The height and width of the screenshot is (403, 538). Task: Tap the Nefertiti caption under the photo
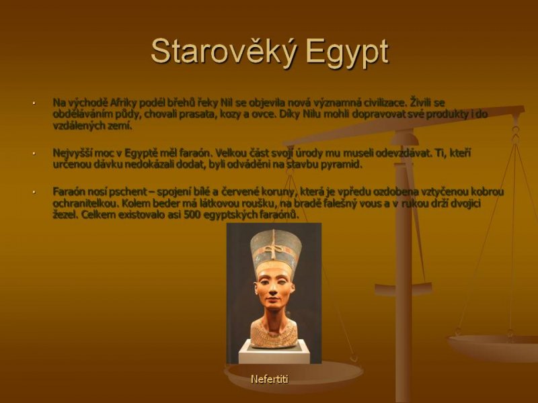270,379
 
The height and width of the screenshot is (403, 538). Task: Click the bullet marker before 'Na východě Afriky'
34,103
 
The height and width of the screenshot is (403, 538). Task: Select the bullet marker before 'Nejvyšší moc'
34,154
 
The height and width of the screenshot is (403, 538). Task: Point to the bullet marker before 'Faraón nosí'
34,192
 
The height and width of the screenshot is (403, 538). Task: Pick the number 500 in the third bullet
192,215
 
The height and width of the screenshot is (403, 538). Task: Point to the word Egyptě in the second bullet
149,154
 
